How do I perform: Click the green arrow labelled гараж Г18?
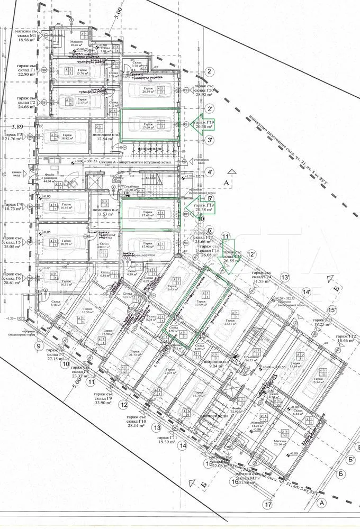click(200, 207)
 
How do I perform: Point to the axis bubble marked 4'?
click(210, 172)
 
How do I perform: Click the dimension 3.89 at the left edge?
click(17, 127)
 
